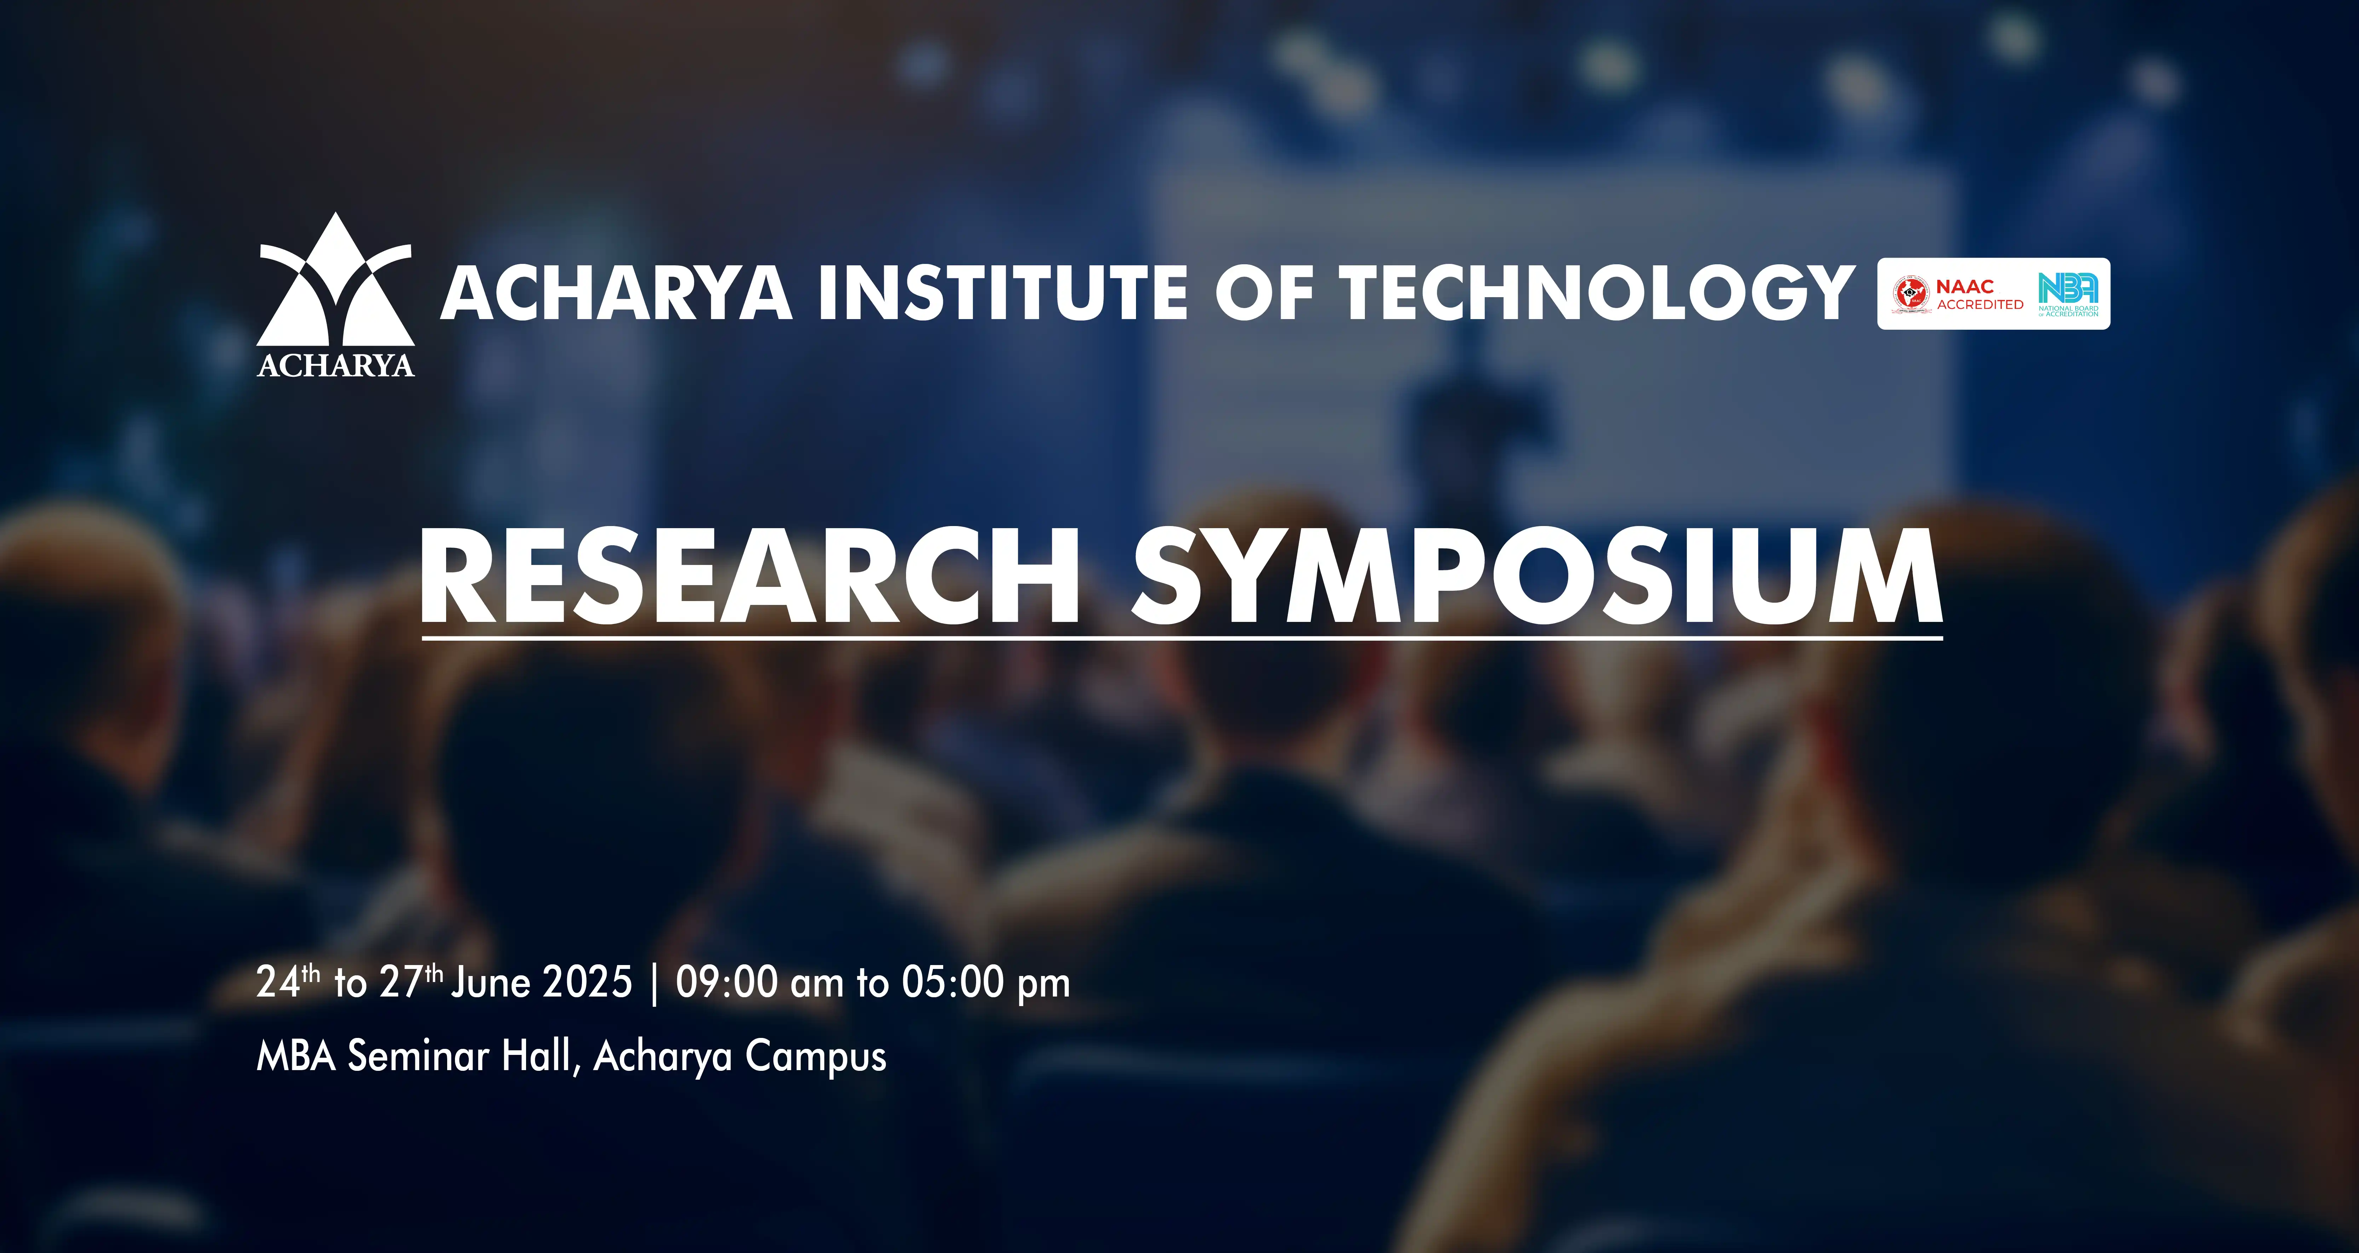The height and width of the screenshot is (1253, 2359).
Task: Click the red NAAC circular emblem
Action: pyautogui.click(x=1911, y=294)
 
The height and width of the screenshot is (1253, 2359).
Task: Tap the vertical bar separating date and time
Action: pyautogui.click(x=654, y=984)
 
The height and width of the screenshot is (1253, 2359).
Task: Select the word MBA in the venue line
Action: pyautogui.click(x=297, y=1056)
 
